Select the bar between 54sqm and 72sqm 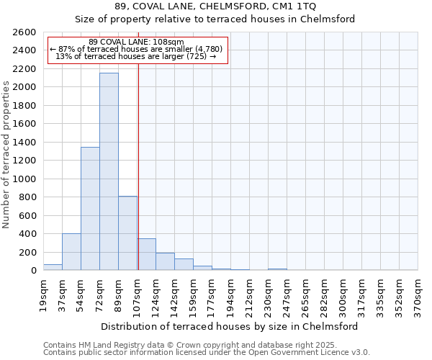[90, 209]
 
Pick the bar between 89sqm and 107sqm [127, 233]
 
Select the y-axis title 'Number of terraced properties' [6, 155]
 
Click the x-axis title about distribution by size [229, 326]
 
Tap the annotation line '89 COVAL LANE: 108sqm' [136, 42]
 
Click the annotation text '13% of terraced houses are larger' [136, 56]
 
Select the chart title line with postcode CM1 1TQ [215, 6]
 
